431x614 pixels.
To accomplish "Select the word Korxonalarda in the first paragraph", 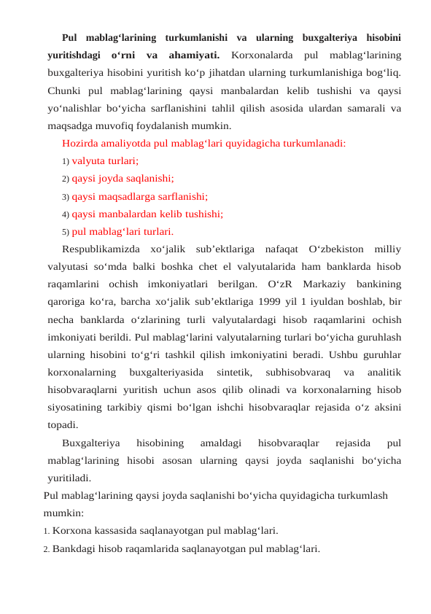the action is coord(259,55).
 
